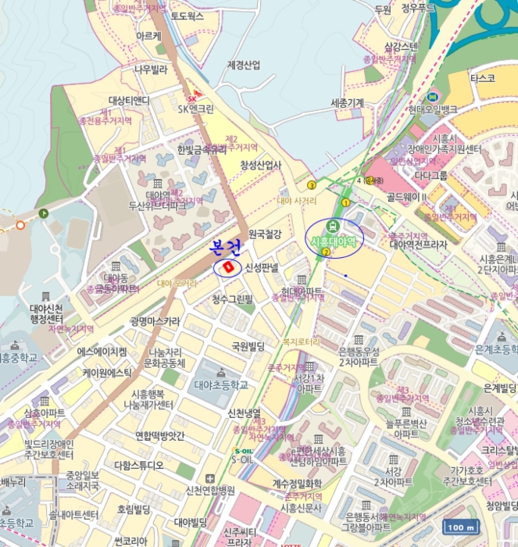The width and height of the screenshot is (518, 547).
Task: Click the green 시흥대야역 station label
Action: click(x=334, y=241)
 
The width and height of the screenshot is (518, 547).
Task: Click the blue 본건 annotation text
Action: click(x=226, y=249)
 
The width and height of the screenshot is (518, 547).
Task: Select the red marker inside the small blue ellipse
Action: click(x=228, y=268)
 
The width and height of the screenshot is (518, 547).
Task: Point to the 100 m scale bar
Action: click(x=460, y=527)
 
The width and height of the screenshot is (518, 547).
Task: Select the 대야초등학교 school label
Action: click(x=221, y=384)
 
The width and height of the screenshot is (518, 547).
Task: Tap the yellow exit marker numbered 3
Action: click(x=312, y=185)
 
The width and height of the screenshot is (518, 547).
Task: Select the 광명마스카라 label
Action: click(x=155, y=320)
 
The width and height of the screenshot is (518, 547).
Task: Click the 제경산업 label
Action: click(x=243, y=64)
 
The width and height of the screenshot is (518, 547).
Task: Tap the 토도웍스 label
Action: click(x=188, y=15)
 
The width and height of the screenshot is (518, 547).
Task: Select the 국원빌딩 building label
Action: click(x=248, y=345)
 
